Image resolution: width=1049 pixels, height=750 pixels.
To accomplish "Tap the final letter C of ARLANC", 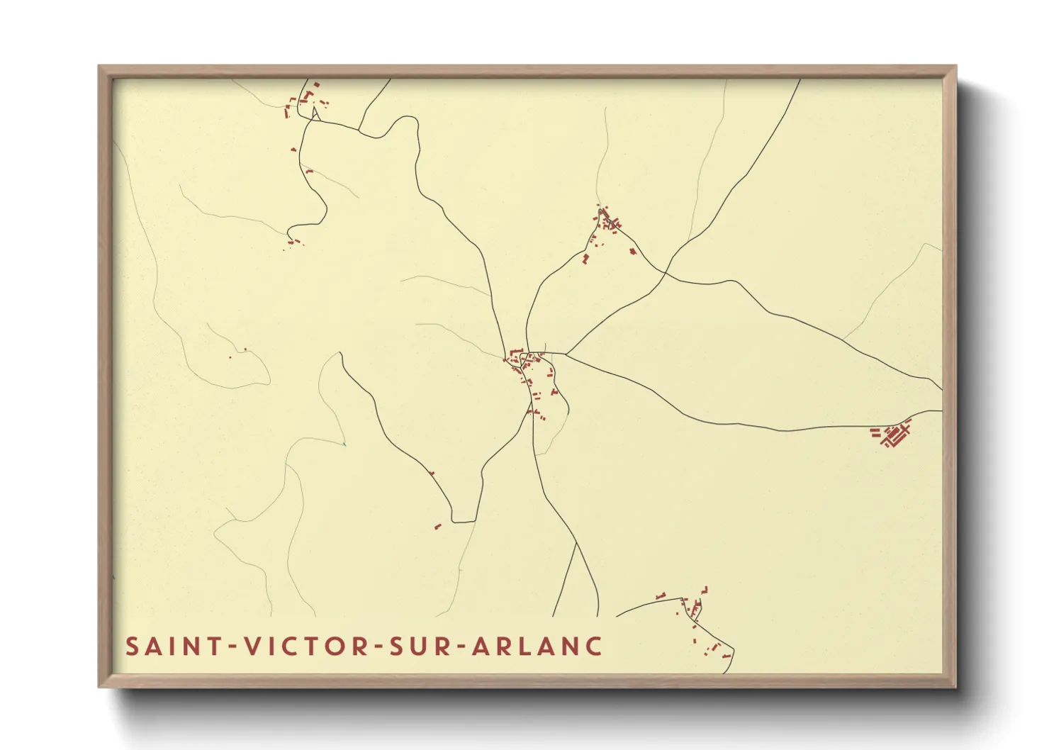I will coord(595,647).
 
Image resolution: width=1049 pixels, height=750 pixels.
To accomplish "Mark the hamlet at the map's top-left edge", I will coord(305,101).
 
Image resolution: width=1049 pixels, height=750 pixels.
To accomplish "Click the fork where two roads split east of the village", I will coord(566,354).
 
